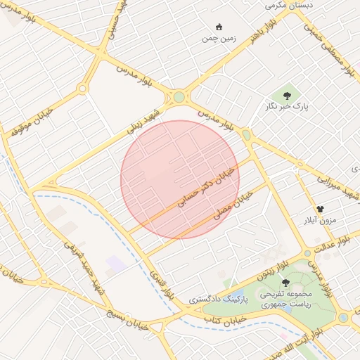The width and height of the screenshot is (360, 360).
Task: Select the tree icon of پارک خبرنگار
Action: click(x=287, y=96)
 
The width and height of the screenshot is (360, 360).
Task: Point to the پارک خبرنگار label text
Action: click(x=287, y=108)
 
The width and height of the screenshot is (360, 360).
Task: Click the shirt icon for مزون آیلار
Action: click(x=320, y=209)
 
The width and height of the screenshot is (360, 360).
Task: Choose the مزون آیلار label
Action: click(x=320, y=221)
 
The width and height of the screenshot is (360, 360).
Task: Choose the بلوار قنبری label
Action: click(x=163, y=285)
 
